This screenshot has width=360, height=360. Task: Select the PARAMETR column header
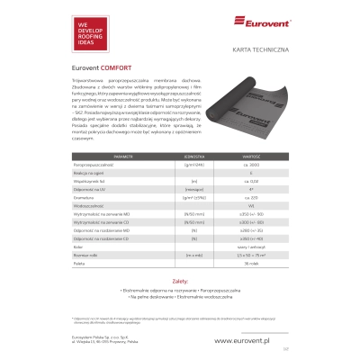(91, 181)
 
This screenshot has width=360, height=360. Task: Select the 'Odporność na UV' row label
(87, 213)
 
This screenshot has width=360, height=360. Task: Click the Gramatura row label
(82, 221)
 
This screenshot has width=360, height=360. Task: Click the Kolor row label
(77, 268)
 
